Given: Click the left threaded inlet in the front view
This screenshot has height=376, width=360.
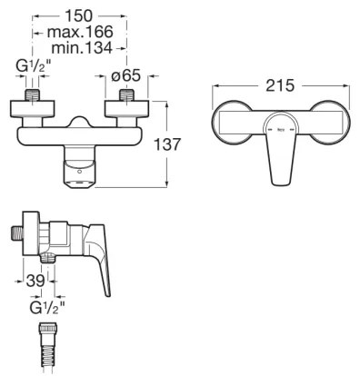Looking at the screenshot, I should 32,95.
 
